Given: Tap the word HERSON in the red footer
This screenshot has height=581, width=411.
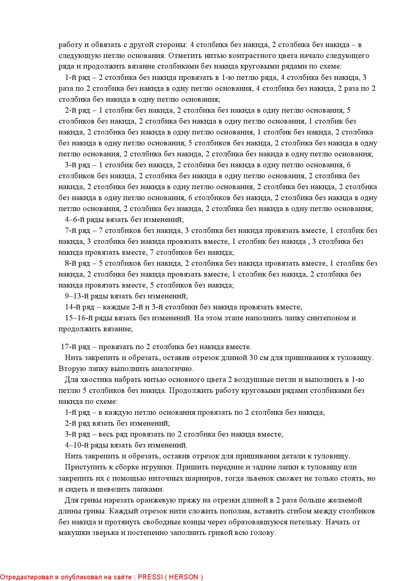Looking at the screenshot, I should (x=184, y=577).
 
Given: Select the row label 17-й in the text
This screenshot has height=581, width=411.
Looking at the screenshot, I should (x=69, y=347).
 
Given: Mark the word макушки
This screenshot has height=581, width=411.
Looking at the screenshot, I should (x=72, y=533).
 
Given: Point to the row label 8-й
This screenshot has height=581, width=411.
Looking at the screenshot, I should (x=71, y=263).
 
